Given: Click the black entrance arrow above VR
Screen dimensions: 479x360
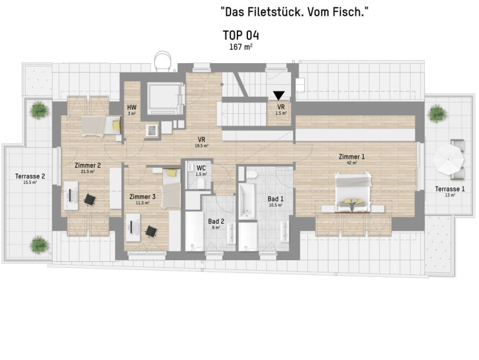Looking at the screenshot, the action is click(279, 96).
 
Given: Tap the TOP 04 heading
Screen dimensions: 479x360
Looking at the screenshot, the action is click(240, 36).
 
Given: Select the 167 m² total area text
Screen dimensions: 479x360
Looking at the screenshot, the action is click(240, 47).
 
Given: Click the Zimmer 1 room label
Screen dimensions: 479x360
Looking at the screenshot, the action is click(352, 157).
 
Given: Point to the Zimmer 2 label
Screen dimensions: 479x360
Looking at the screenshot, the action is click(87, 166).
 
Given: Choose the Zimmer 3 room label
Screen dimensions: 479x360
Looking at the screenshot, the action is click(142, 196).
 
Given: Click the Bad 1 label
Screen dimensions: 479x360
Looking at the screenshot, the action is click(275, 199).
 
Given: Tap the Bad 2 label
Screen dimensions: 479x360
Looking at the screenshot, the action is click(216, 221).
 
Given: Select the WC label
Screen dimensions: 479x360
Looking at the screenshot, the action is click(201, 168).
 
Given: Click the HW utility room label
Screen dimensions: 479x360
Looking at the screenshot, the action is click(132, 107).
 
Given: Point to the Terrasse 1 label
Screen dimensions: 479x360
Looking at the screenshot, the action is click(450, 189).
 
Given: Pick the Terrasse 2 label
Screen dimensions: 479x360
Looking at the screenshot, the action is click(30, 176).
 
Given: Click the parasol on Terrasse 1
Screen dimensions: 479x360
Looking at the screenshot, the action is click(448, 159).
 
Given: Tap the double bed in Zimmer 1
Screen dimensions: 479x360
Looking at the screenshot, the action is click(353, 192).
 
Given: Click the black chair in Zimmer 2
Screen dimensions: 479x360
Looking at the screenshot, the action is click(89, 199).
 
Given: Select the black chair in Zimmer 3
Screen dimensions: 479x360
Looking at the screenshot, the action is click(151, 231).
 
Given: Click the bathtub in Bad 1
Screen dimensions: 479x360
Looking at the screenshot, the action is click(247, 201).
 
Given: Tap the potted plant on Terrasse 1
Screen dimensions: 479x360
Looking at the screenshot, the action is click(437, 113).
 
